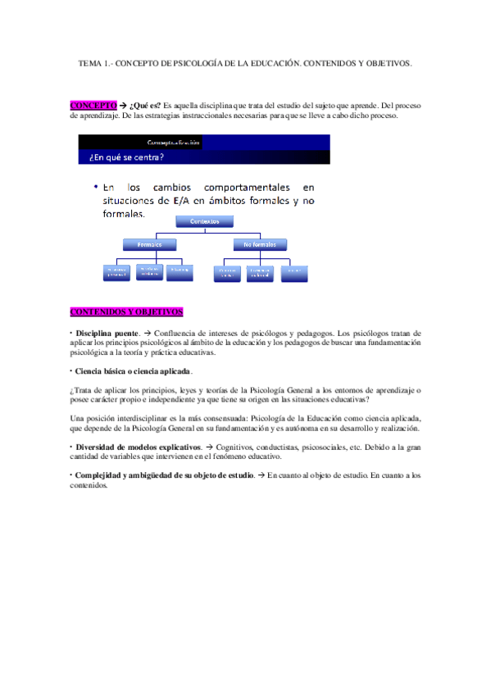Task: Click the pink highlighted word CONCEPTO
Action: [93, 106]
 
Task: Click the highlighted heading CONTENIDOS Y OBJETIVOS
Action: [126, 311]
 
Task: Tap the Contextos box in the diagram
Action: [204, 221]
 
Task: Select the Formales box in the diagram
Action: [149, 244]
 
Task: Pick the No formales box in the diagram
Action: [260, 244]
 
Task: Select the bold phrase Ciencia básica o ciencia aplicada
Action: [133, 371]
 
